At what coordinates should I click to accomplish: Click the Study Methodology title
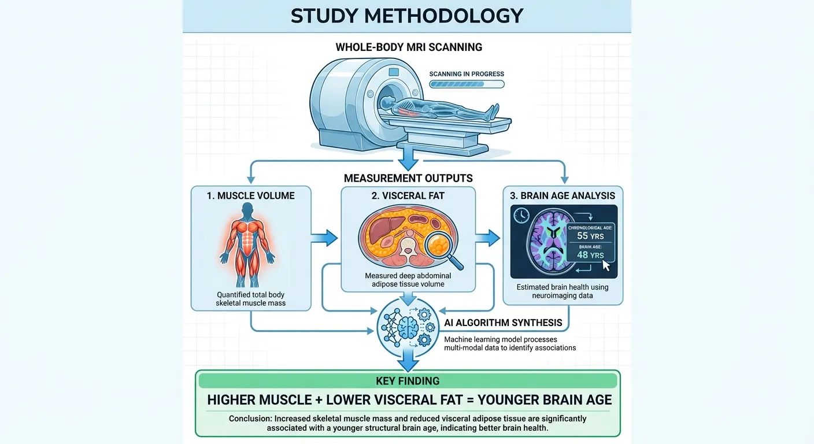[x=407, y=16]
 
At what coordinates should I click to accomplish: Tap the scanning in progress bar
[x=467, y=84]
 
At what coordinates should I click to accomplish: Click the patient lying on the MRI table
[x=439, y=108]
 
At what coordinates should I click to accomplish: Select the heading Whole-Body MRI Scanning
[x=409, y=47]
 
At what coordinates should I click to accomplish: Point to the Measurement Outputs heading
[x=408, y=177]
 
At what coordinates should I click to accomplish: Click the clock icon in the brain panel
[x=520, y=214]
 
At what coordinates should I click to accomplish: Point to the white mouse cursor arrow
[x=606, y=265]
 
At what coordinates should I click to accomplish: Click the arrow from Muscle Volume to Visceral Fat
[x=325, y=238]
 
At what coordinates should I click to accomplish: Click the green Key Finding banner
[x=408, y=381]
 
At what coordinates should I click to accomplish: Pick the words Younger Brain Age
[x=545, y=399]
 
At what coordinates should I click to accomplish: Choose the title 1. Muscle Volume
[x=250, y=195]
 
